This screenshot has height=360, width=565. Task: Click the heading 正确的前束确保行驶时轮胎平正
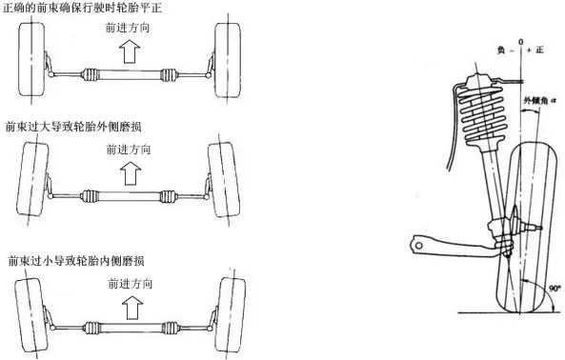click(x=82, y=8)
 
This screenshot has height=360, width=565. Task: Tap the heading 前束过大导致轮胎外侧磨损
click(x=73, y=127)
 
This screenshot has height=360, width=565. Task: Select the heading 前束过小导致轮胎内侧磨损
click(x=76, y=261)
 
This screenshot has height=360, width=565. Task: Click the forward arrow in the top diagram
click(x=130, y=51)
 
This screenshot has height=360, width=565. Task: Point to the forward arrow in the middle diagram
click(x=131, y=172)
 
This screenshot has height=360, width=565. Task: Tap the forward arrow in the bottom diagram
click(x=132, y=308)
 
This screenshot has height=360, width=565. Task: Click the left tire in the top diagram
click(x=31, y=59)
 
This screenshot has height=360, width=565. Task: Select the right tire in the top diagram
click(x=228, y=60)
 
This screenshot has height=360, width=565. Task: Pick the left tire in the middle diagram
click(x=32, y=179)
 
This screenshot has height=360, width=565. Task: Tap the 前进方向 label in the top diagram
click(x=128, y=28)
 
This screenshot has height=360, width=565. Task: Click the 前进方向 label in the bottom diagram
click(x=131, y=284)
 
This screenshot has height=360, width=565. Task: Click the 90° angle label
click(x=555, y=289)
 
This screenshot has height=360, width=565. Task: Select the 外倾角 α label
click(x=540, y=101)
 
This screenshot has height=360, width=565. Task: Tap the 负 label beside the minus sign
click(x=501, y=50)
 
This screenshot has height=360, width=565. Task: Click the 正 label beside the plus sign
click(x=539, y=50)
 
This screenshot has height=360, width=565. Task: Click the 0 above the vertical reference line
click(x=520, y=42)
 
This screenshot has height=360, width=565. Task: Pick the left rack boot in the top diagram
click(x=91, y=74)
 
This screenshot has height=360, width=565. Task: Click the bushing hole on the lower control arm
click(x=418, y=246)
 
